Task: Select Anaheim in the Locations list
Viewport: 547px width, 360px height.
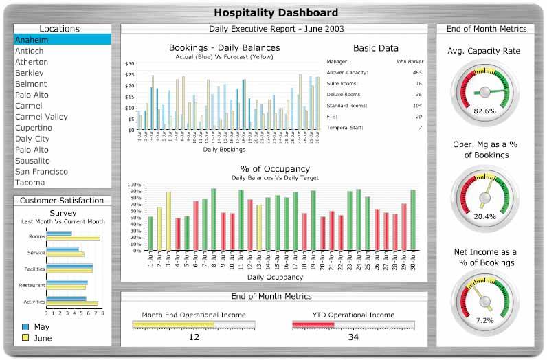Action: tap(32, 40)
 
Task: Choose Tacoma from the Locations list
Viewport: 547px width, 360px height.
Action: tap(30, 182)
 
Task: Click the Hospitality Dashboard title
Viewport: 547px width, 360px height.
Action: tap(276, 12)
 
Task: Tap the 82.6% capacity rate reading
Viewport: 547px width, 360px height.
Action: tap(485, 111)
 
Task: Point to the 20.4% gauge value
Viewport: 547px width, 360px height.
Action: tap(485, 216)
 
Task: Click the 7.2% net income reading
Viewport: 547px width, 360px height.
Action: tap(485, 320)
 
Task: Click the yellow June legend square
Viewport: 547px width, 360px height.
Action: tap(25, 338)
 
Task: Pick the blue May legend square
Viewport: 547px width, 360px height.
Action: tap(25, 327)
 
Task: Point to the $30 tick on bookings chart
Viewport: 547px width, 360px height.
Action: tap(130, 64)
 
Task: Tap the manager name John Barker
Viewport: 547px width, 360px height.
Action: tap(409, 61)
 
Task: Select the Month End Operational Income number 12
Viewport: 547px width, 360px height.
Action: tap(194, 337)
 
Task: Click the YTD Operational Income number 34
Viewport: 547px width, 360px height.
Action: tap(353, 337)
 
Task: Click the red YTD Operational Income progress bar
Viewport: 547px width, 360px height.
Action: tap(313, 324)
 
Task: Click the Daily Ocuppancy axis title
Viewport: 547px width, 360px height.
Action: tap(275, 278)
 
